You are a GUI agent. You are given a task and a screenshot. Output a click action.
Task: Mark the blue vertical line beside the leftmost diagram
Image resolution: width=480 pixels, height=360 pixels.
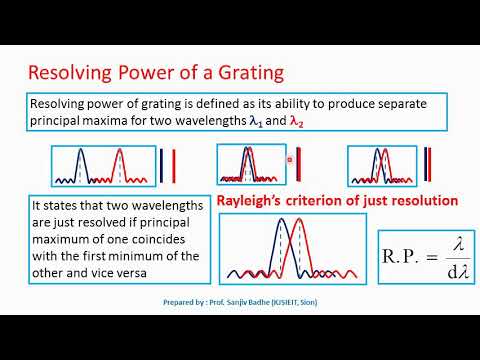(161, 165)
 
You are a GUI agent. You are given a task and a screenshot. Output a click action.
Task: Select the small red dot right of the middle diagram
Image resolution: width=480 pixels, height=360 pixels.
(289, 158)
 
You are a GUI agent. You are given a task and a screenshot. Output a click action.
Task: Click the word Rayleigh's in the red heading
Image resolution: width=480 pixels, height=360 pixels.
(253, 201)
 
